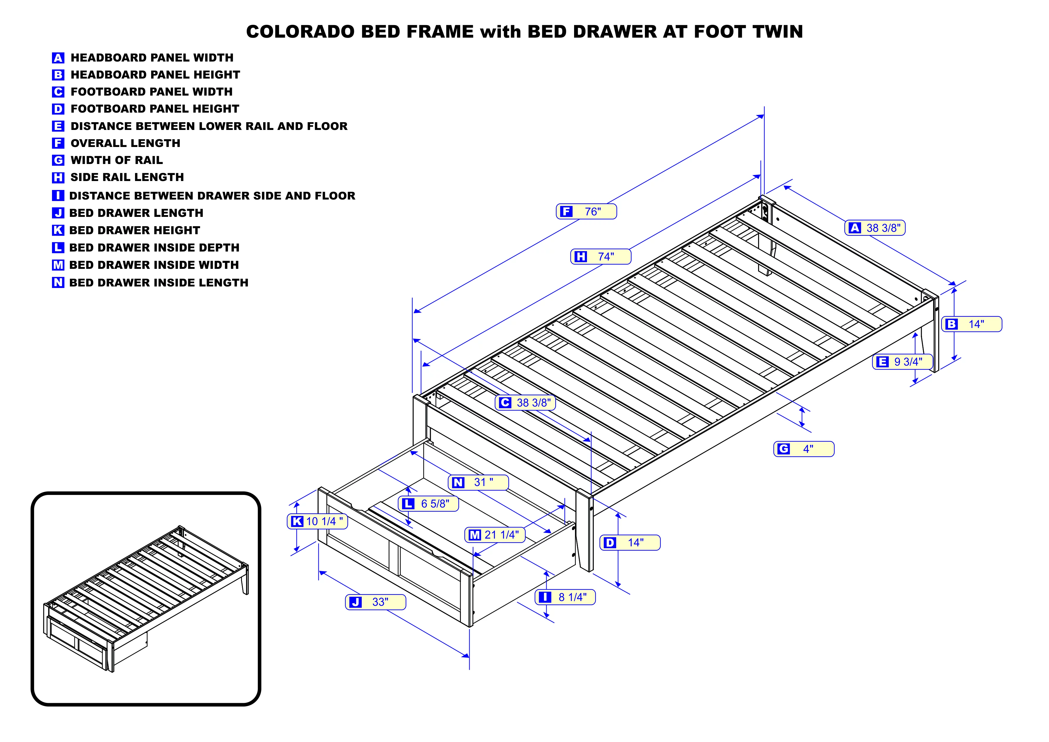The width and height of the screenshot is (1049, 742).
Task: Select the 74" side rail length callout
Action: tap(601, 257)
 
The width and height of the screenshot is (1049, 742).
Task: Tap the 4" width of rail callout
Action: tap(804, 449)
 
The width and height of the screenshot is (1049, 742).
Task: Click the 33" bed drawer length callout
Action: tap(375, 602)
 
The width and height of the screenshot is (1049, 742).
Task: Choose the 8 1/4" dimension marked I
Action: tap(565, 597)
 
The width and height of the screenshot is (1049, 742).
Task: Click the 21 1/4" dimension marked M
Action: tap(495, 535)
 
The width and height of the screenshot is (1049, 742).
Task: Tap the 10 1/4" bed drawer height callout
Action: tap(318, 521)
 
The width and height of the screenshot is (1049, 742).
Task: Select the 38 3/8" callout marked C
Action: tap(525, 403)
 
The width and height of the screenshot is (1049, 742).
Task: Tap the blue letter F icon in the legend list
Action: tap(58, 143)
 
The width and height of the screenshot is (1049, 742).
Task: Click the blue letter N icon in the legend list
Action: tap(58, 283)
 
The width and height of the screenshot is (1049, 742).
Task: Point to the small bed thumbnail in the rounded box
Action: tap(146, 599)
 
